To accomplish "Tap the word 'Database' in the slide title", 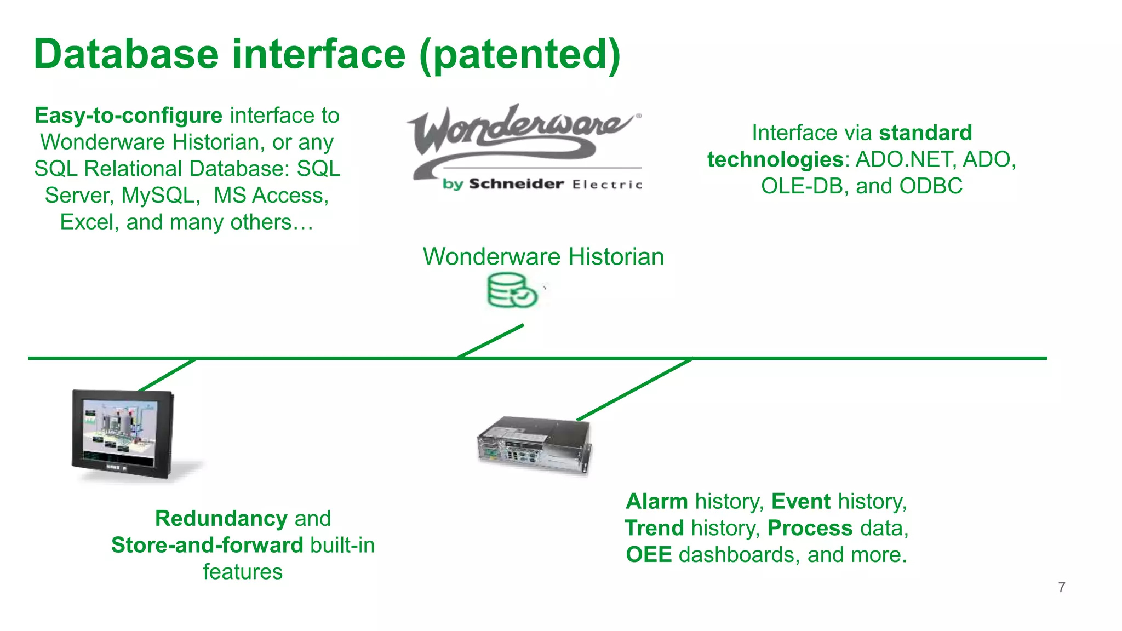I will click(126, 55).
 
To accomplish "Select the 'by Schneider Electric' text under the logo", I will click(542, 184).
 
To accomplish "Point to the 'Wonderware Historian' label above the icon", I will click(543, 256).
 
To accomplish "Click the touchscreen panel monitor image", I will click(123, 434).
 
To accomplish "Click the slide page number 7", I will click(1061, 587).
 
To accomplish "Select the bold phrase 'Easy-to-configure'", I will click(128, 116).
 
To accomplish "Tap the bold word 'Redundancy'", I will click(221, 518).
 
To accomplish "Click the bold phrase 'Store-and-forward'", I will click(207, 545).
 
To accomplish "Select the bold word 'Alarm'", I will click(656, 501).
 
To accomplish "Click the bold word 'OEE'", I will click(649, 555).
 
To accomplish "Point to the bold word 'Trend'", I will click(654, 528).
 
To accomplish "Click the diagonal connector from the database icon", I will click(491, 341).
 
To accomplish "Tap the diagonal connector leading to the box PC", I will click(634, 389).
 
